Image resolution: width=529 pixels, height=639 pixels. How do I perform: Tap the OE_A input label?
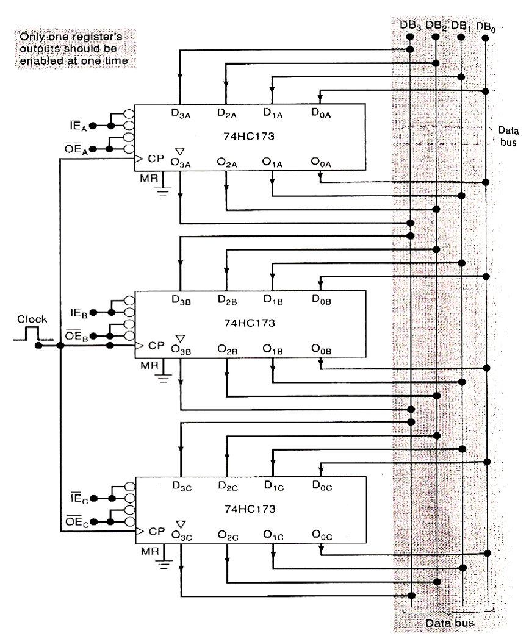click(79, 149)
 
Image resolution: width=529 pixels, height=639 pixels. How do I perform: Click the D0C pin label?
click(319, 485)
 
